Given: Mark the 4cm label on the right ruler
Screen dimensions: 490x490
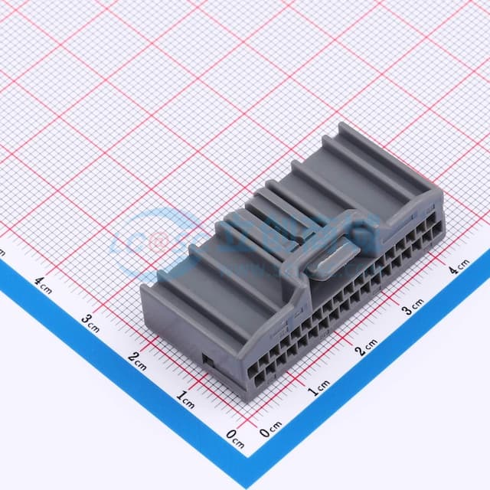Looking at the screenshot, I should pyautogui.click(x=459, y=267).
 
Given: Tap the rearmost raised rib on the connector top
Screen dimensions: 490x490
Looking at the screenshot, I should pyautogui.click(x=383, y=157).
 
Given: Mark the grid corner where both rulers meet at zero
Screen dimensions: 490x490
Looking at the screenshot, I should pyautogui.click(x=251, y=422).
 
